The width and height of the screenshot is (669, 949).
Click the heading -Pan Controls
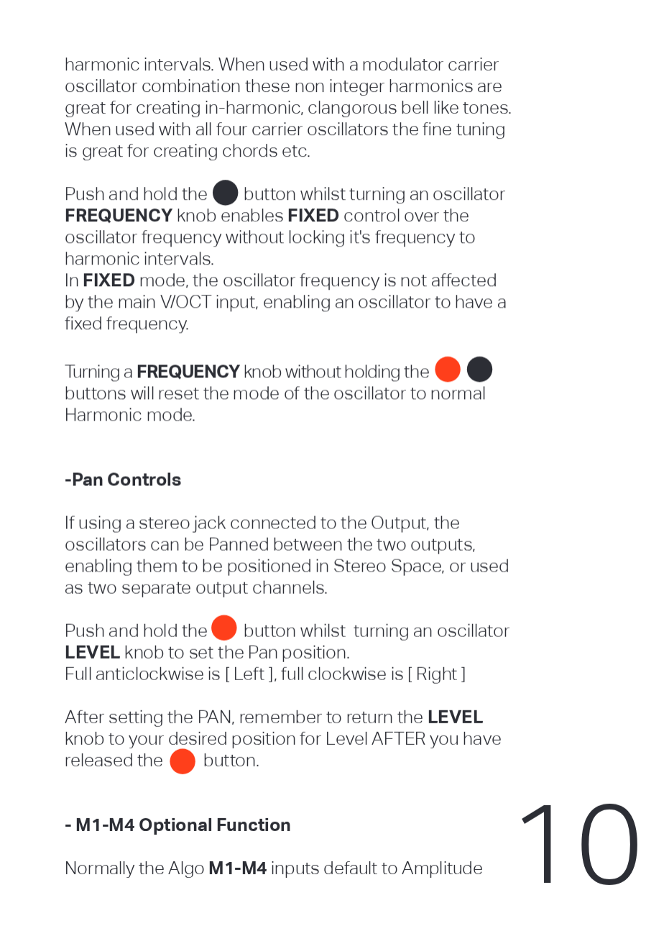pyautogui.click(x=123, y=480)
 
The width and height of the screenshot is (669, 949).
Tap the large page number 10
pyautogui.click(x=579, y=845)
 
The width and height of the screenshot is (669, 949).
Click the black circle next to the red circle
pyautogui.click(x=479, y=370)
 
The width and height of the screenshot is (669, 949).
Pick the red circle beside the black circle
pyautogui.click(x=448, y=370)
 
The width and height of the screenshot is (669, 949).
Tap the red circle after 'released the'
pyautogui.click(x=183, y=761)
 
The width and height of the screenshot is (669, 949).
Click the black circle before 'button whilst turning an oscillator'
pyautogui.click(x=226, y=193)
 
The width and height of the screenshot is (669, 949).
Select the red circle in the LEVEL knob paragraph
pyautogui.click(x=224, y=628)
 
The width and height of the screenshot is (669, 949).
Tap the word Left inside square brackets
pyautogui.click(x=249, y=674)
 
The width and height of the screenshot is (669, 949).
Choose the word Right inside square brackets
pyautogui.click(x=436, y=674)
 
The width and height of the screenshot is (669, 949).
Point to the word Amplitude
pyautogui.click(x=442, y=868)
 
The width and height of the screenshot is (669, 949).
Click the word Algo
pyautogui.click(x=186, y=868)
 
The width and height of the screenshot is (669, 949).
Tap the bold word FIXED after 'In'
pyautogui.click(x=109, y=280)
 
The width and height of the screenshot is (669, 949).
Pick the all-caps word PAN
pyautogui.click(x=215, y=718)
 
